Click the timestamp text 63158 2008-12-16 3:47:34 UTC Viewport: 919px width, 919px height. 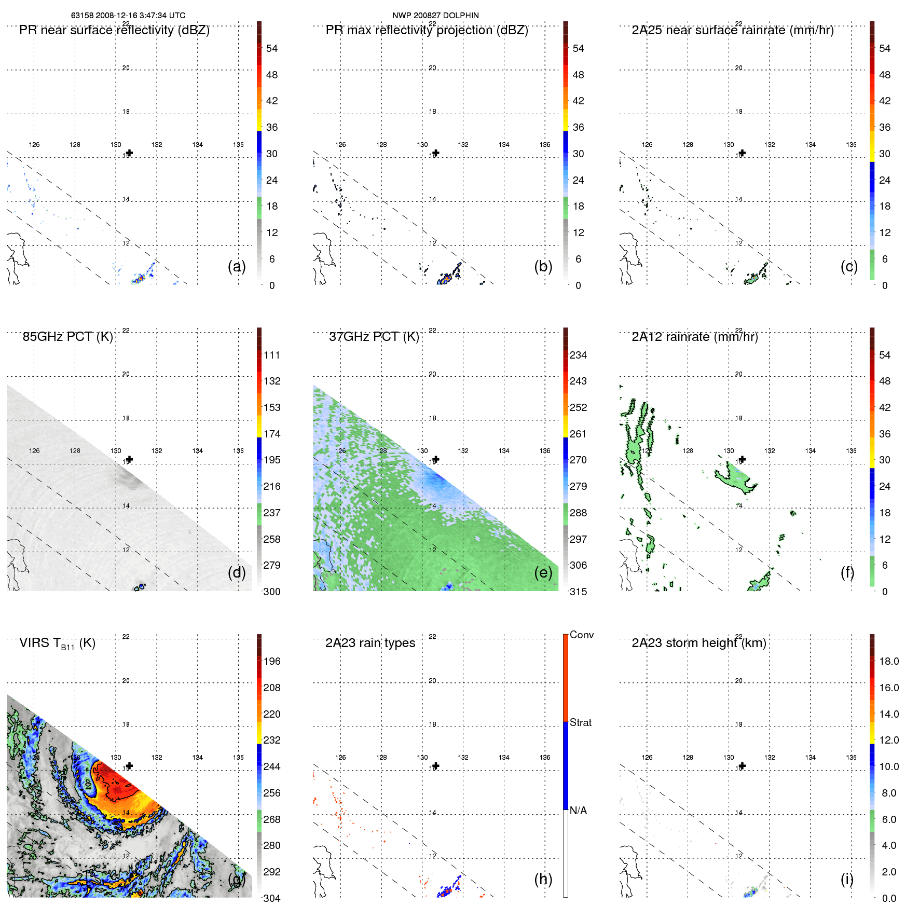click(128, 16)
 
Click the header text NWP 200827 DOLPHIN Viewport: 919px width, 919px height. click(435, 16)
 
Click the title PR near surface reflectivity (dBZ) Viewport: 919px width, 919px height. click(114, 30)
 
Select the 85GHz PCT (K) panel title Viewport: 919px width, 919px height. click(67, 337)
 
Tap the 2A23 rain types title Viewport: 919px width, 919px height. click(370, 643)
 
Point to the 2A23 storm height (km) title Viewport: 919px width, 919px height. click(698, 643)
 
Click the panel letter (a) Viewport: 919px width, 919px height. click(237, 266)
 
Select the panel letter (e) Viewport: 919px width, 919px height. click(543, 572)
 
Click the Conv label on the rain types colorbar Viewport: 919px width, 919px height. click(581, 635)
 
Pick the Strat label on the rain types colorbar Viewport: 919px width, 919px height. click(580, 722)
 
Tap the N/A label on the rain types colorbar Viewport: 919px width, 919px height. click(578, 811)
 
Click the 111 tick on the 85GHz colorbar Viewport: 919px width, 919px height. click(271, 355)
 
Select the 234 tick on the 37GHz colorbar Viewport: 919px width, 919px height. click(578, 355)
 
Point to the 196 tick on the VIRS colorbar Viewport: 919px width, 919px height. click(271, 661)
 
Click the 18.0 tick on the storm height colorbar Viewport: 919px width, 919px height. click(888, 661)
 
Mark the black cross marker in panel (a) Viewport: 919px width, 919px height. click(129, 153)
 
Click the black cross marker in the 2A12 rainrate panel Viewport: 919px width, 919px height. click(742, 459)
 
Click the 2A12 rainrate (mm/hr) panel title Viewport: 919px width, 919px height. click(694, 337)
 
